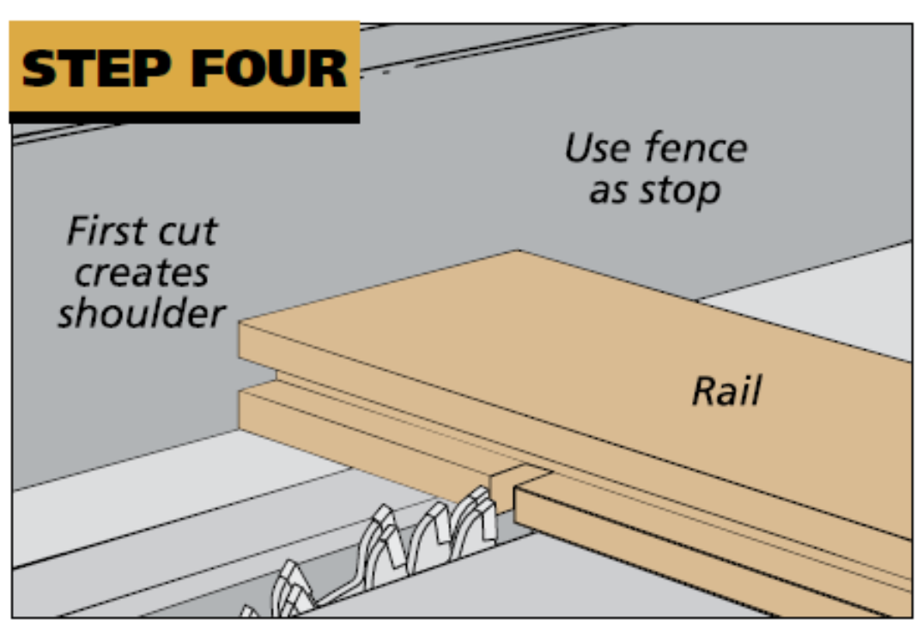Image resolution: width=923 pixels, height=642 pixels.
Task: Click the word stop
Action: pyautogui.click(x=679, y=191)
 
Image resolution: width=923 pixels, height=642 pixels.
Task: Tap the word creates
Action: pyautogui.click(x=142, y=273)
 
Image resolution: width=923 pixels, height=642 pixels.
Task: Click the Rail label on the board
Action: pyautogui.click(x=726, y=391)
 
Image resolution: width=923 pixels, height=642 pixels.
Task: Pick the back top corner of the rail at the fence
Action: pyautogui.click(x=518, y=251)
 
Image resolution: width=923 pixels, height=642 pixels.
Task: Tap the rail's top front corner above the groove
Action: pyautogui.click(x=240, y=324)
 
